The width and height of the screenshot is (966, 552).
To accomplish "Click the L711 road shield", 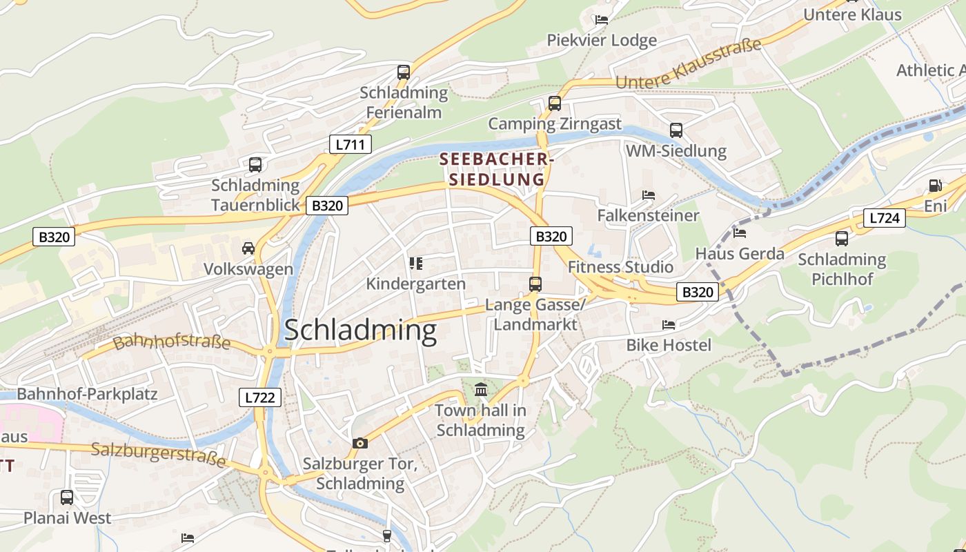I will coord(350,144).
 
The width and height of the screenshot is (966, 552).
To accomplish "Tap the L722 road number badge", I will coord(260,397).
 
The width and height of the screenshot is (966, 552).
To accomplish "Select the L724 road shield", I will coord(884,218).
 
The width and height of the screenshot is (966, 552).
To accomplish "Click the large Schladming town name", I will coord(360,331).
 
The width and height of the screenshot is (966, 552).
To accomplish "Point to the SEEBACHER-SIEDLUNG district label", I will coord(497,170).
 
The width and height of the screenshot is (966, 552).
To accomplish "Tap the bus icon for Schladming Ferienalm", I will coord(404,72).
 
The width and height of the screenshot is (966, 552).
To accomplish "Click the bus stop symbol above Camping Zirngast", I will coord(554,103).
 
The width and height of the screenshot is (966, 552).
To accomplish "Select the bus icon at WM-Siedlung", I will coord(676,130).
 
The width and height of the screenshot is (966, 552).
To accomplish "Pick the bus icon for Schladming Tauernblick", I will coord(255,165).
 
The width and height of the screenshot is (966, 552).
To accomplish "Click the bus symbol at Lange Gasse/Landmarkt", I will coord(535,284).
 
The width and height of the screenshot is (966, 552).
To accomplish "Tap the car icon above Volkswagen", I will coord(248,248).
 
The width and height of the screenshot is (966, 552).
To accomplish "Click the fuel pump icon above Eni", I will coord(935,185).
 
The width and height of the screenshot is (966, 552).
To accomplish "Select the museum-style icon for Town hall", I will coord(481,390).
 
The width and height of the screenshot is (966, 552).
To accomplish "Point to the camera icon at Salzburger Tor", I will coord(359,443).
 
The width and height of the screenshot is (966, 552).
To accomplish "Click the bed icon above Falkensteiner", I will coord(648,195).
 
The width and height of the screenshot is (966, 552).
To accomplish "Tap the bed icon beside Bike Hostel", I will coord(668,324).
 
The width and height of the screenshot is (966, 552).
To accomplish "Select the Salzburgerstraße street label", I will coord(159,455).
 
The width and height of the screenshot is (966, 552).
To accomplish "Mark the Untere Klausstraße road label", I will coord(688,63).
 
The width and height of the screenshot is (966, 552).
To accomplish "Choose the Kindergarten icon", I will coord(415,263).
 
